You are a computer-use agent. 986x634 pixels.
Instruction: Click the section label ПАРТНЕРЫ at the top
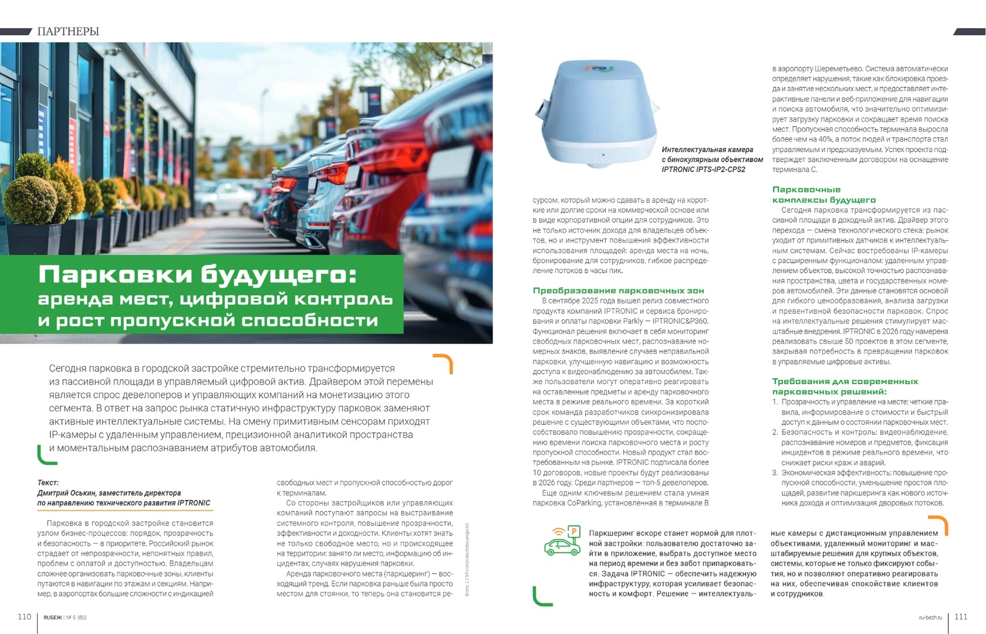(68, 31)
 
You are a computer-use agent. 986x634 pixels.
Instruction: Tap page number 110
(24, 616)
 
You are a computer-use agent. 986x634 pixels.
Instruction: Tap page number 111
(961, 616)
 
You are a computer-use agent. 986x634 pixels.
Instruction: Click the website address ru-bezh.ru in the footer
(930, 618)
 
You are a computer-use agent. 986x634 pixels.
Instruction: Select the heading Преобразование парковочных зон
(618, 291)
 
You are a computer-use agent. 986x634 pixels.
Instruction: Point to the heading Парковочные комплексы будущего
(823, 195)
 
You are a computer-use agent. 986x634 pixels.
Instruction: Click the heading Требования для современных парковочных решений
(845, 386)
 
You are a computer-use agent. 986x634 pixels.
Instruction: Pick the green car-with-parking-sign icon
(562, 541)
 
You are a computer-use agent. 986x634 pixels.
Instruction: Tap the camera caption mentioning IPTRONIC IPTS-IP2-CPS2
(712, 160)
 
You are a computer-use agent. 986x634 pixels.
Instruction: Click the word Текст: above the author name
(48, 483)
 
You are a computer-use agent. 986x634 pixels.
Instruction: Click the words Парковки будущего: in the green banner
(197, 275)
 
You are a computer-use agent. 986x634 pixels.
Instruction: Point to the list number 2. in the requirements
(775, 433)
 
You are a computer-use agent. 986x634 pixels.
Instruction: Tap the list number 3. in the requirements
(775, 473)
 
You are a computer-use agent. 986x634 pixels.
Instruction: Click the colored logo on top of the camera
(597, 69)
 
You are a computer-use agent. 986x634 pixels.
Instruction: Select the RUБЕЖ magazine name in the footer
(52, 618)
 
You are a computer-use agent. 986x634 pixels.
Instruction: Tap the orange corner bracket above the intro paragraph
(444, 363)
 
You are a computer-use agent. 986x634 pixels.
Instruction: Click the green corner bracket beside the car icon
(541, 596)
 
